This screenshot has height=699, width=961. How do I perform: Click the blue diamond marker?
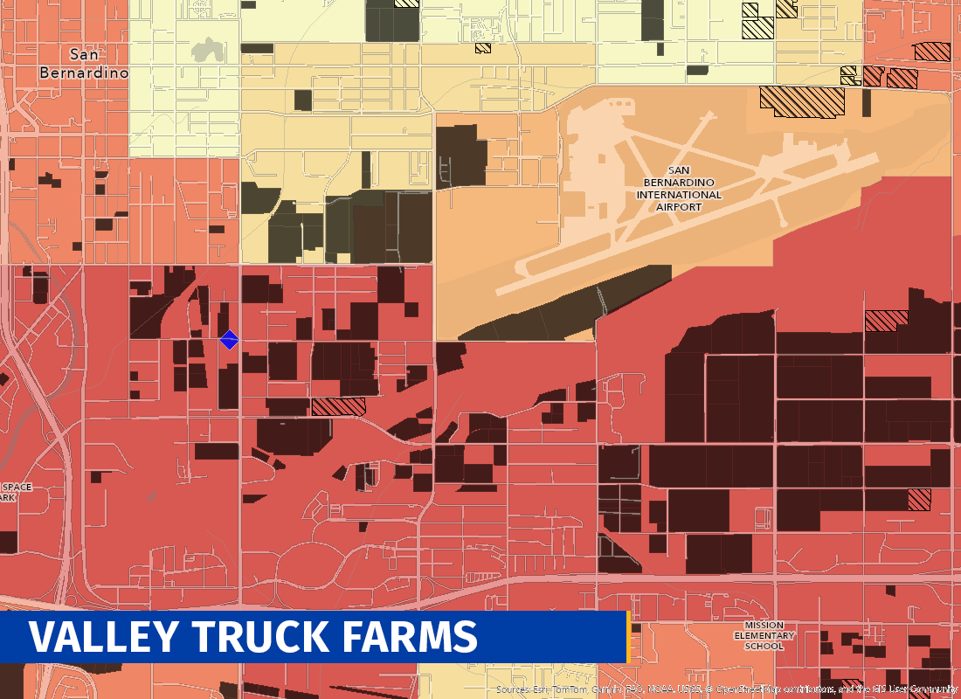click(x=229, y=340)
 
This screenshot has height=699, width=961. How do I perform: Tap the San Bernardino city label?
click(x=84, y=64)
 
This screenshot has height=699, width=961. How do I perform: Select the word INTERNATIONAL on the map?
click(x=684, y=195)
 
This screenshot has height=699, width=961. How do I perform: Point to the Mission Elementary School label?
click(x=764, y=635)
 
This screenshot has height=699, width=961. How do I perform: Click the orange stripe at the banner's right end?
click(x=628, y=637)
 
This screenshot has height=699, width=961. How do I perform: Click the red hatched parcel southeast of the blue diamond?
click(x=338, y=406)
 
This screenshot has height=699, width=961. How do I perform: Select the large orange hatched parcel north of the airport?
click(x=802, y=100)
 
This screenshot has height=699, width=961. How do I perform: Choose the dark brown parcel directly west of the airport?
click(x=460, y=156)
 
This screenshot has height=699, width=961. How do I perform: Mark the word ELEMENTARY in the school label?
click(x=764, y=635)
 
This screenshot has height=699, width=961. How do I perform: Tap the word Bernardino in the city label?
click(x=84, y=73)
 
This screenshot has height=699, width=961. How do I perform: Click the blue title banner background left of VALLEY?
click(x=14, y=637)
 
